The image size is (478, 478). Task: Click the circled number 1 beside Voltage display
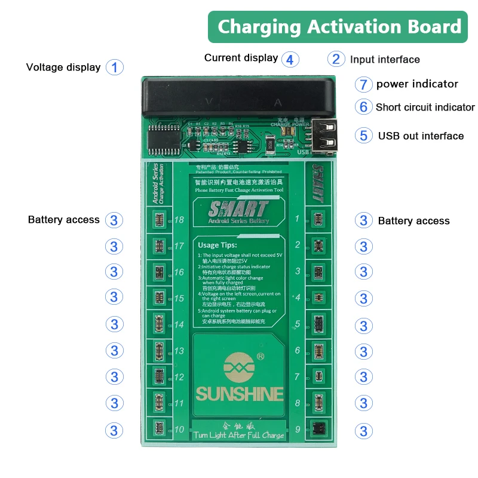click(115, 67)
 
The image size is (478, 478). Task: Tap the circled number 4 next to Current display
click(290, 59)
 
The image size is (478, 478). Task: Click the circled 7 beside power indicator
click(363, 84)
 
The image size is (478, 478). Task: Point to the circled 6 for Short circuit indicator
click(363, 107)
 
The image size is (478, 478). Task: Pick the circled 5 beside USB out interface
click(363, 135)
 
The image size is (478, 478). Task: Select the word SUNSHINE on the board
click(239, 394)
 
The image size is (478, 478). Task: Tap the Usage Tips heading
click(218, 244)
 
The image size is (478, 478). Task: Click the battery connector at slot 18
click(158, 220)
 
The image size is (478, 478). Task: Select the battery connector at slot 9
click(317, 429)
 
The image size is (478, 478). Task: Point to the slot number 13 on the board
click(179, 351)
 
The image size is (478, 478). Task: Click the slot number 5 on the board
click(297, 324)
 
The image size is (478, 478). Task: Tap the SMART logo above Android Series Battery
click(238, 209)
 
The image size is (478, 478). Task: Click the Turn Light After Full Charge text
click(239, 435)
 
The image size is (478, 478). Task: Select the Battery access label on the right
click(413, 220)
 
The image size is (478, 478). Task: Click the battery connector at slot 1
click(317, 219)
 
